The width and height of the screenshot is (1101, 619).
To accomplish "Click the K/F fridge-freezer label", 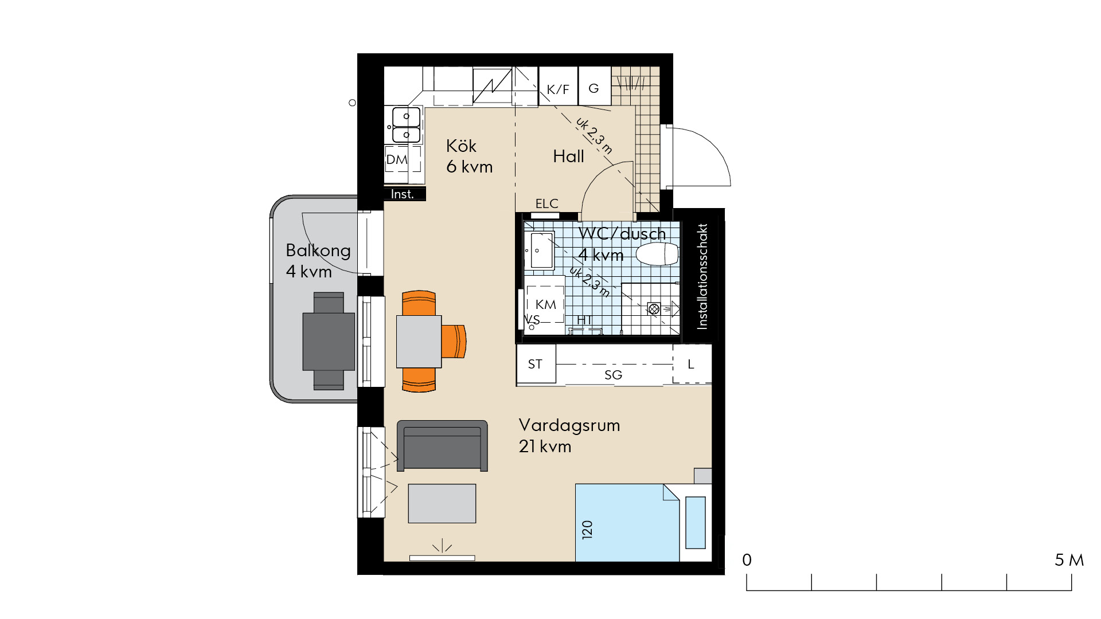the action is (558, 89).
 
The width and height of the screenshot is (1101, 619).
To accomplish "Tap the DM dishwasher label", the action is (397, 160).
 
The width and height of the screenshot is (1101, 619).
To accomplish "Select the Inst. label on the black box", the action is (402, 194).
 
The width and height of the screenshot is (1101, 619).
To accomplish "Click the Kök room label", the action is (461, 146).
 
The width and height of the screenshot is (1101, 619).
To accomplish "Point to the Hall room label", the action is (568, 156).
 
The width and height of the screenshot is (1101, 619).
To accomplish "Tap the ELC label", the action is (546, 203).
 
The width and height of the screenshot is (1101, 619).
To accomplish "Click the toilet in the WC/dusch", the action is (657, 254).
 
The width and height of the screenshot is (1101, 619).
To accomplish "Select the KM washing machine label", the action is (545, 304).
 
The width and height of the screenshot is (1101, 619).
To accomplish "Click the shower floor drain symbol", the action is (654, 309).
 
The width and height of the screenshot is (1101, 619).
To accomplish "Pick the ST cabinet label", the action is (535, 364).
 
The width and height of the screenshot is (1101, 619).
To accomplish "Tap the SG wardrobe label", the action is (613, 375).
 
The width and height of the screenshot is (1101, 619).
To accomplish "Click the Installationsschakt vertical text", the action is (702, 276).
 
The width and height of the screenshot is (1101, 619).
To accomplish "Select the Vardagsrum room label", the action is (569, 425).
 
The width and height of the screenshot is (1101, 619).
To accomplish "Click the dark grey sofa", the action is (442, 446).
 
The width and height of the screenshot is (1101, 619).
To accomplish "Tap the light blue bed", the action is (627, 523).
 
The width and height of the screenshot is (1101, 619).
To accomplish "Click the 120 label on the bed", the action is (587, 530).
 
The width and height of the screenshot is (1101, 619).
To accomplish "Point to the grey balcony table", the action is (329, 342).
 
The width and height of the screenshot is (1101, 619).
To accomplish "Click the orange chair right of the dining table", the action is (454, 342).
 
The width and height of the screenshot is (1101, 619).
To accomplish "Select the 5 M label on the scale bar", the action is (1069, 560).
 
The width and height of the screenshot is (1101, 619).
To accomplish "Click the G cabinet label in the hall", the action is (594, 88).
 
